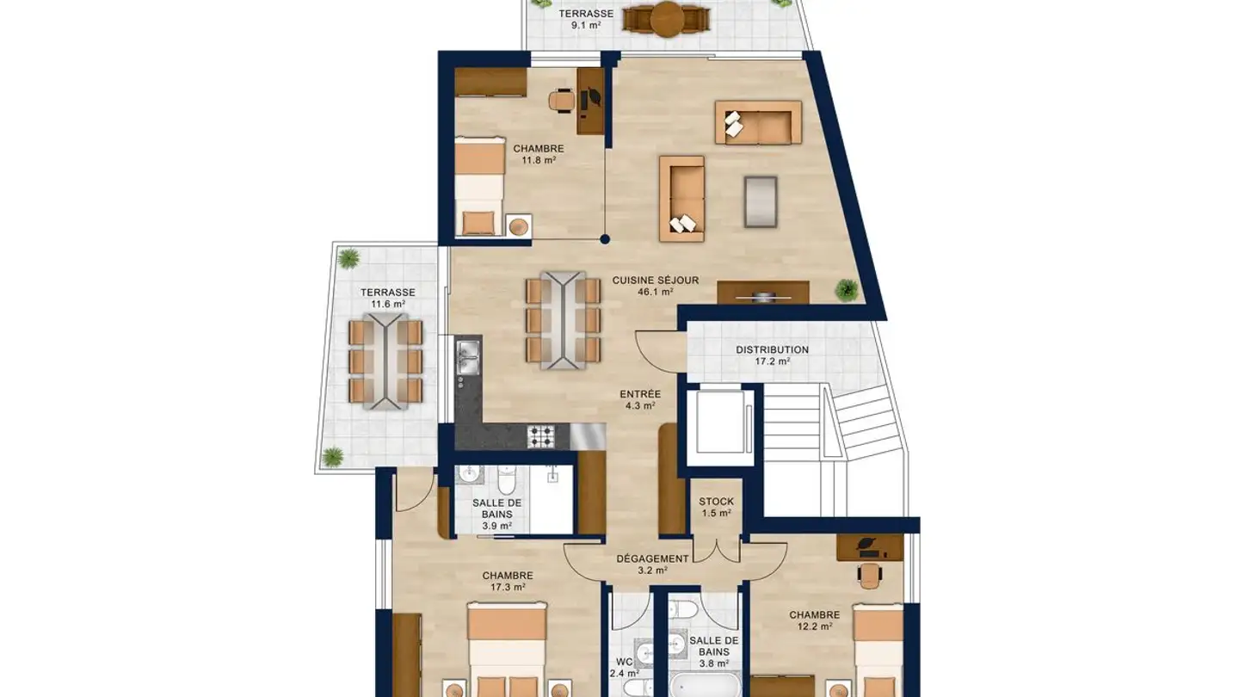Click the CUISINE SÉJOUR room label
tap(656, 281)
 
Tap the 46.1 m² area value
tap(656, 292)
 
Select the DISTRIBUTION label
tap(772, 349)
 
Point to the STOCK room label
tap(716, 501)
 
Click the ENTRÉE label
tap(640, 394)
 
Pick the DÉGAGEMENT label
tap(653, 558)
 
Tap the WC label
tap(625, 662)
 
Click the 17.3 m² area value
tap(508, 587)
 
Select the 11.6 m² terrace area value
tap(388, 304)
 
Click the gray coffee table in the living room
tap(761, 201)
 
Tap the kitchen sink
tap(468, 357)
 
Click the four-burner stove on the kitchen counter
tap(540, 436)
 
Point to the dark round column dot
tap(605, 239)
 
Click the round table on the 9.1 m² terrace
tap(667, 19)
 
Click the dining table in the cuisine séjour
tap(563, 320)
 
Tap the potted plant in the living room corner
tap(847, 290)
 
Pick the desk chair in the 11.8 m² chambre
tap(561, 101)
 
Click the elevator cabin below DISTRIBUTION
tap(719, 422)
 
